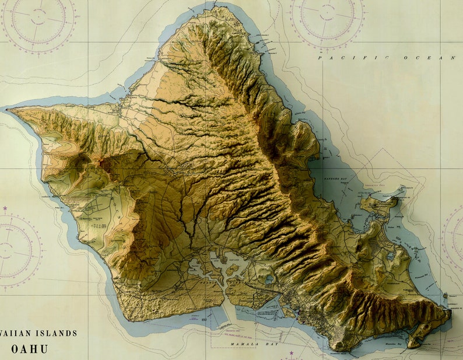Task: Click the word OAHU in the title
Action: pyautogui.click(x=30, y=349)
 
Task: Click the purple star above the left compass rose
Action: pyautogui.click(x=6, y=208)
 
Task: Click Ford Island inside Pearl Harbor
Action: pyautogui.click(x=233, y=269)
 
